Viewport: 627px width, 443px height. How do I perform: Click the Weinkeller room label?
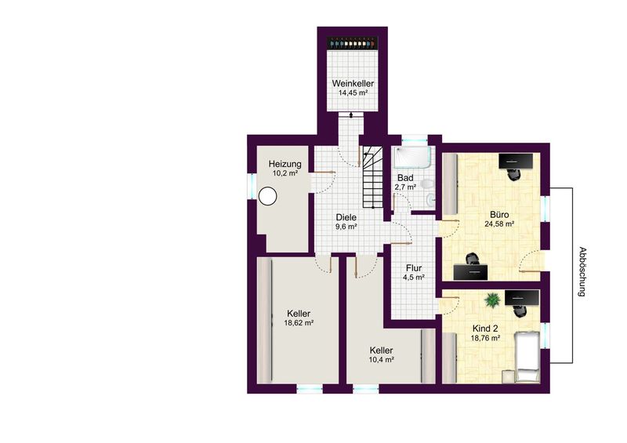[x=353, y=84]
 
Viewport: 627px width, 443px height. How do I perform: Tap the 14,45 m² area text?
[x=353, y=93]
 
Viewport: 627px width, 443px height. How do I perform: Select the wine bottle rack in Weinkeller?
[x=352, y=42]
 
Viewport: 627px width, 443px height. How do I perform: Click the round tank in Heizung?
[x=267, y=197]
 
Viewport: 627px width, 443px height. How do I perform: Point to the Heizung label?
[x=285, y=164]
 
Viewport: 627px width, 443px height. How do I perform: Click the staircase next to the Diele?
[x=373, y=176]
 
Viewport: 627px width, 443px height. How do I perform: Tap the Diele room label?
[x=346, y=218]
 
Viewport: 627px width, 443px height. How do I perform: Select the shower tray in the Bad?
[x=413, y=157]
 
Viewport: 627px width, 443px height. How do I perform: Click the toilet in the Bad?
[x=427, y=184]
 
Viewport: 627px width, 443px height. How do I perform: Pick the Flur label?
[x=414, y=268]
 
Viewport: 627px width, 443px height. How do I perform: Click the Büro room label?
[x=499, y=215]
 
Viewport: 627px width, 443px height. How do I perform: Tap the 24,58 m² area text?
[x=499, y=224]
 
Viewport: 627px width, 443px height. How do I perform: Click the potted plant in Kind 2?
[x=493, y=300]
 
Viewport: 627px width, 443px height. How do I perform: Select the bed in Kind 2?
[x=527, y=357]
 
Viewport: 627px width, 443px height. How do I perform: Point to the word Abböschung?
[x=582, y=272]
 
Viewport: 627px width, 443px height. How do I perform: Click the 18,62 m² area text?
[x=299, y=322]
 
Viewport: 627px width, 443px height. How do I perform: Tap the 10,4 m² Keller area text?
[x=382, y=359]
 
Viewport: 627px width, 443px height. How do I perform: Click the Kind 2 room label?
[x=485, y=329]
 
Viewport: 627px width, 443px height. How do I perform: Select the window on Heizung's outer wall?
[x=252, y=185]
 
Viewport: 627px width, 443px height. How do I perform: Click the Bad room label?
[x=405, y=178]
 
